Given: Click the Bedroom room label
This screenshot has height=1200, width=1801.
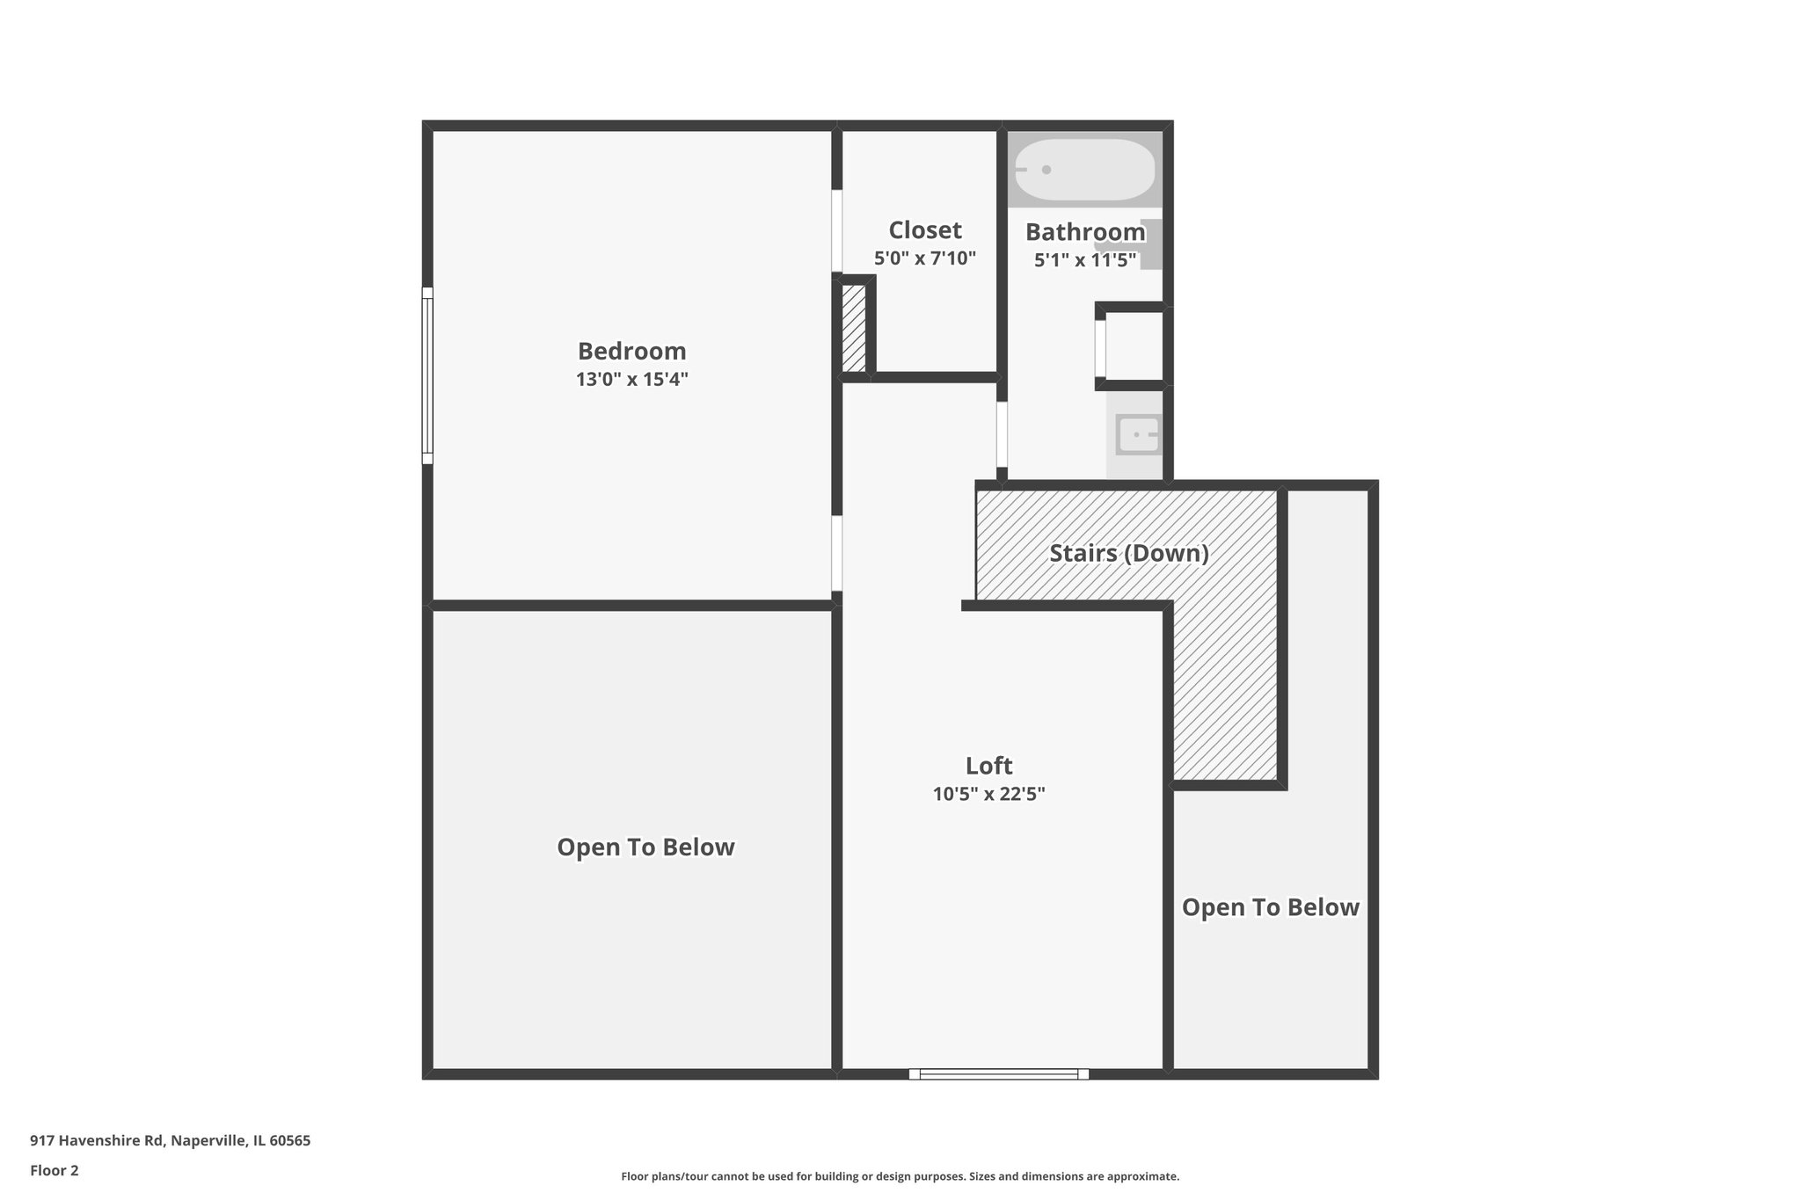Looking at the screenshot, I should [x=631, y=351].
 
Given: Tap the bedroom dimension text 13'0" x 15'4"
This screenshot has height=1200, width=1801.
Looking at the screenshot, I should [x=631, y=380].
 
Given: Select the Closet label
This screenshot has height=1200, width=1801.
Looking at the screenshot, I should [x=924, y=230].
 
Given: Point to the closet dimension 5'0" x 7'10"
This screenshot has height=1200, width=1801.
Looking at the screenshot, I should [x=924, y=258].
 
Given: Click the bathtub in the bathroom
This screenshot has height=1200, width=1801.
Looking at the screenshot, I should [x=1084, y=170].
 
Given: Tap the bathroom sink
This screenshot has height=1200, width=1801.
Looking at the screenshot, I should [x=1139, y=434].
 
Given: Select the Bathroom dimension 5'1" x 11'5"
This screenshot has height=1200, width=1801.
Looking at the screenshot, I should [x=1084, y=260].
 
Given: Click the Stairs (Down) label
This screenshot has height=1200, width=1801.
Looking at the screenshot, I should [x=1128, y=553].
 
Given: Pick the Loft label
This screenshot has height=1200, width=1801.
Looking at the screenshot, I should [x=988, y=765].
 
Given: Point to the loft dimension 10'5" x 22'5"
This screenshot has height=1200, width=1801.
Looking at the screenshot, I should [x=988, y=794].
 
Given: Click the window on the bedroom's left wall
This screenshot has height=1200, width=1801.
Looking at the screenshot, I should [x=427, y=375].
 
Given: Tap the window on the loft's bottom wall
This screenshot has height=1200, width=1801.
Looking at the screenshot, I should [x=998, y=1073].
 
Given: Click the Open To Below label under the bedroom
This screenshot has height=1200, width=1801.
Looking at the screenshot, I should [x=645, y=847].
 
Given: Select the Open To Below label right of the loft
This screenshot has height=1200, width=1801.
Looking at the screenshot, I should [x=1270, y=907].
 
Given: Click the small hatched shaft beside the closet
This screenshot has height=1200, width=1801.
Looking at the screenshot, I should [x=853, y=328].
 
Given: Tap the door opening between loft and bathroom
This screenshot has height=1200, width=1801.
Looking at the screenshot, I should [x=1002, y=434].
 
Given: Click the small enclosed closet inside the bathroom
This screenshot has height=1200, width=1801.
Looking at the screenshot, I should [x=1134, y=346].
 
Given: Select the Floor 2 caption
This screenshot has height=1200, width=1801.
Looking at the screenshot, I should [x=55, y=1170].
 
